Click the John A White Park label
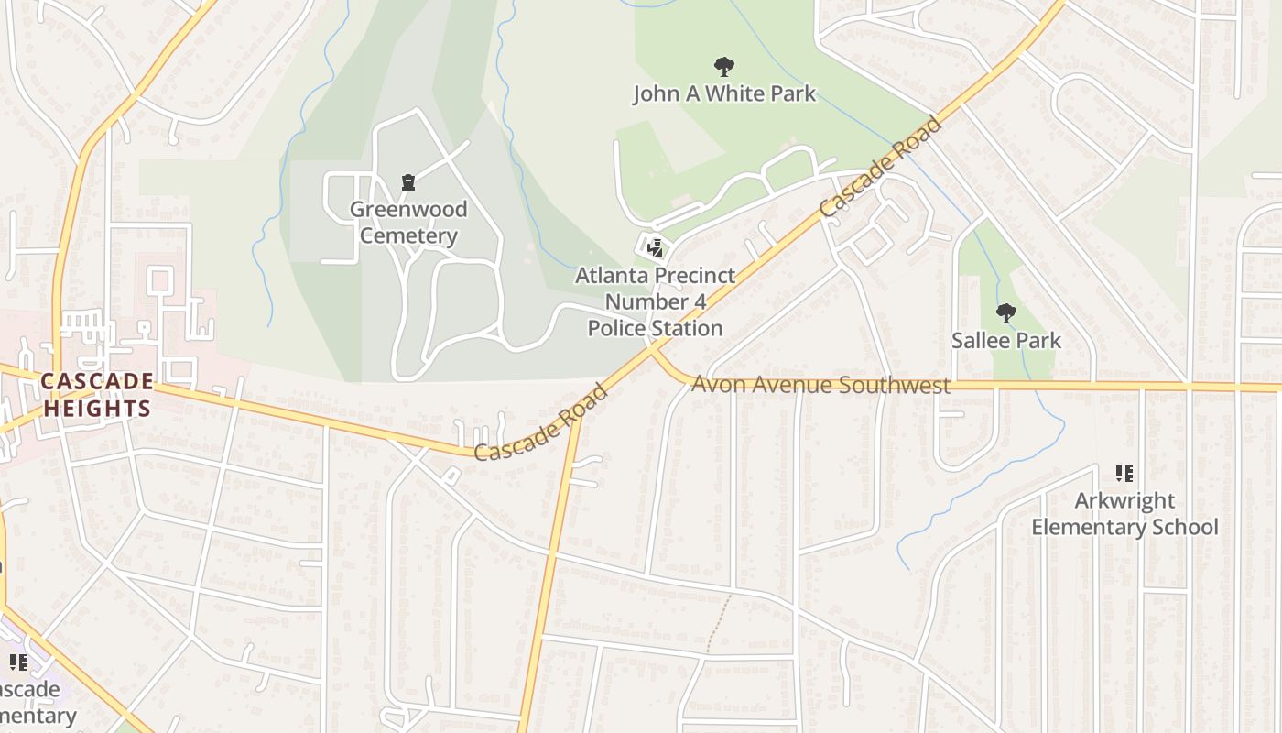723,93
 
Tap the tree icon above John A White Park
723,67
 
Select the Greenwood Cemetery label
408,223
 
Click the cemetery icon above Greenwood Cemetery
408,182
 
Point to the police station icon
655,246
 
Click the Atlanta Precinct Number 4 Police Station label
655,301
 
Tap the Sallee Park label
1005,341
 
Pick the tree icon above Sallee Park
1005,313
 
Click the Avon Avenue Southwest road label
820,385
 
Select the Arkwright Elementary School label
1124,514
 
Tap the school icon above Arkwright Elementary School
1124,474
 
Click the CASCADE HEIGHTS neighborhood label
97,395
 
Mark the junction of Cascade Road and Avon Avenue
652,347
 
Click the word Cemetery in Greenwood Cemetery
408,235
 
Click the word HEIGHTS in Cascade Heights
97,409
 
